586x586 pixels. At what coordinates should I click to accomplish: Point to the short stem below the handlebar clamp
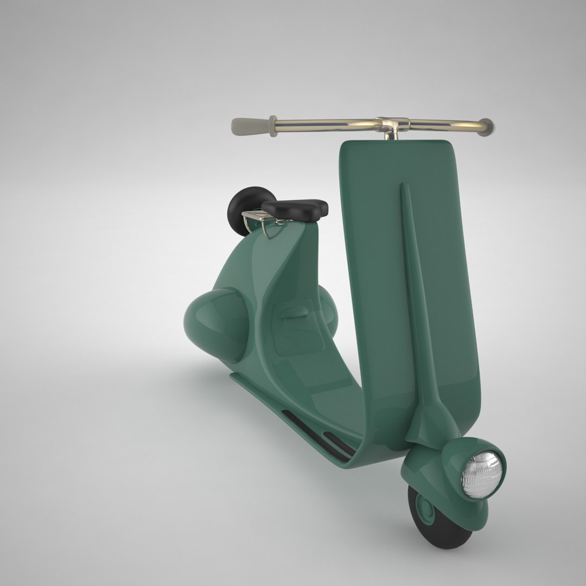pos(389,136)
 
